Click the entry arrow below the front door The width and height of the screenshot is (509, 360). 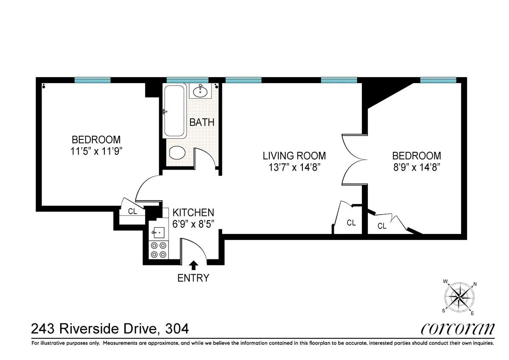pyautogui.click(x=193, y=265)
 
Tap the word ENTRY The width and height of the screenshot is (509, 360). pyautogui.click(x=193, y=278)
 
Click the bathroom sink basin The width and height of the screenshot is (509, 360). pyautogui.click(x=200, y=90)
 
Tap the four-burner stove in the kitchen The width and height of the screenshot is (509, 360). pyautogui.click(x=159, y=250)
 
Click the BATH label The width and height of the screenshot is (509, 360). pyautogui.click(x=202, y=123)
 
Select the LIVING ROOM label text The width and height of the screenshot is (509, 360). pyautogui.click(x=294, y=156)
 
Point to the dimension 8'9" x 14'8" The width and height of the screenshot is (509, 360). pyautogui.click(x=417, y=167)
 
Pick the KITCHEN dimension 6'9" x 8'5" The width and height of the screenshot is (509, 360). pyautogui.click(x=193, y=223)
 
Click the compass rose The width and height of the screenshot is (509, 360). pyautogui.click(x=460, y=296)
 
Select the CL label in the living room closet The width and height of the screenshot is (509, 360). pyautogui.click(x=351, y=223)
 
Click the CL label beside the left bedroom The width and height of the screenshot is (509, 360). pyautogui.click(x=132, y=211)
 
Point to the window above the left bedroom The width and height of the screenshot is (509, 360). pyautogui.click(x=92, y=80)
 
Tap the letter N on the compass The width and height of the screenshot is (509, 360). pyautogui.click(x=475, y=285)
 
